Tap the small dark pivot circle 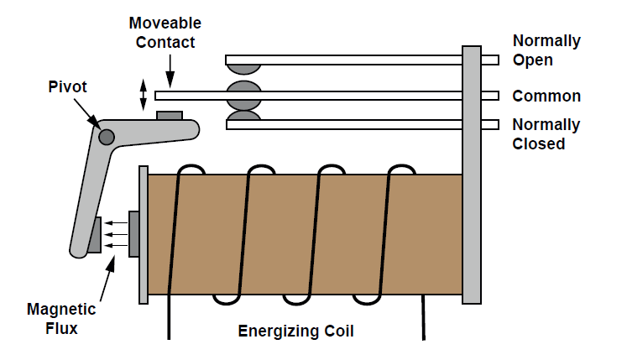point(107,137)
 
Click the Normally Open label point(546,50)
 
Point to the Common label point(546,97)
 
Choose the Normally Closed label point(546,134)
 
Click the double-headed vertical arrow point(144,93)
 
